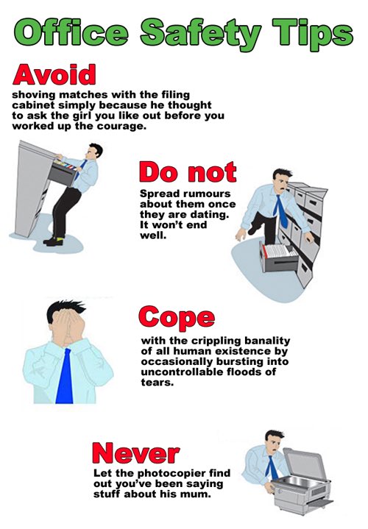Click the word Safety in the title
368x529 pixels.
click(x=192, y=32)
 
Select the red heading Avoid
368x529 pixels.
click(x=54, y=76)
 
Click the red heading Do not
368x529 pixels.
click(x=188, y=173)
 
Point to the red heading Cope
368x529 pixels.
click(x=177, y=318)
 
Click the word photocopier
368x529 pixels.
click(x=170, y=472)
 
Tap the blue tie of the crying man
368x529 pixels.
click(x=66, y=375)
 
